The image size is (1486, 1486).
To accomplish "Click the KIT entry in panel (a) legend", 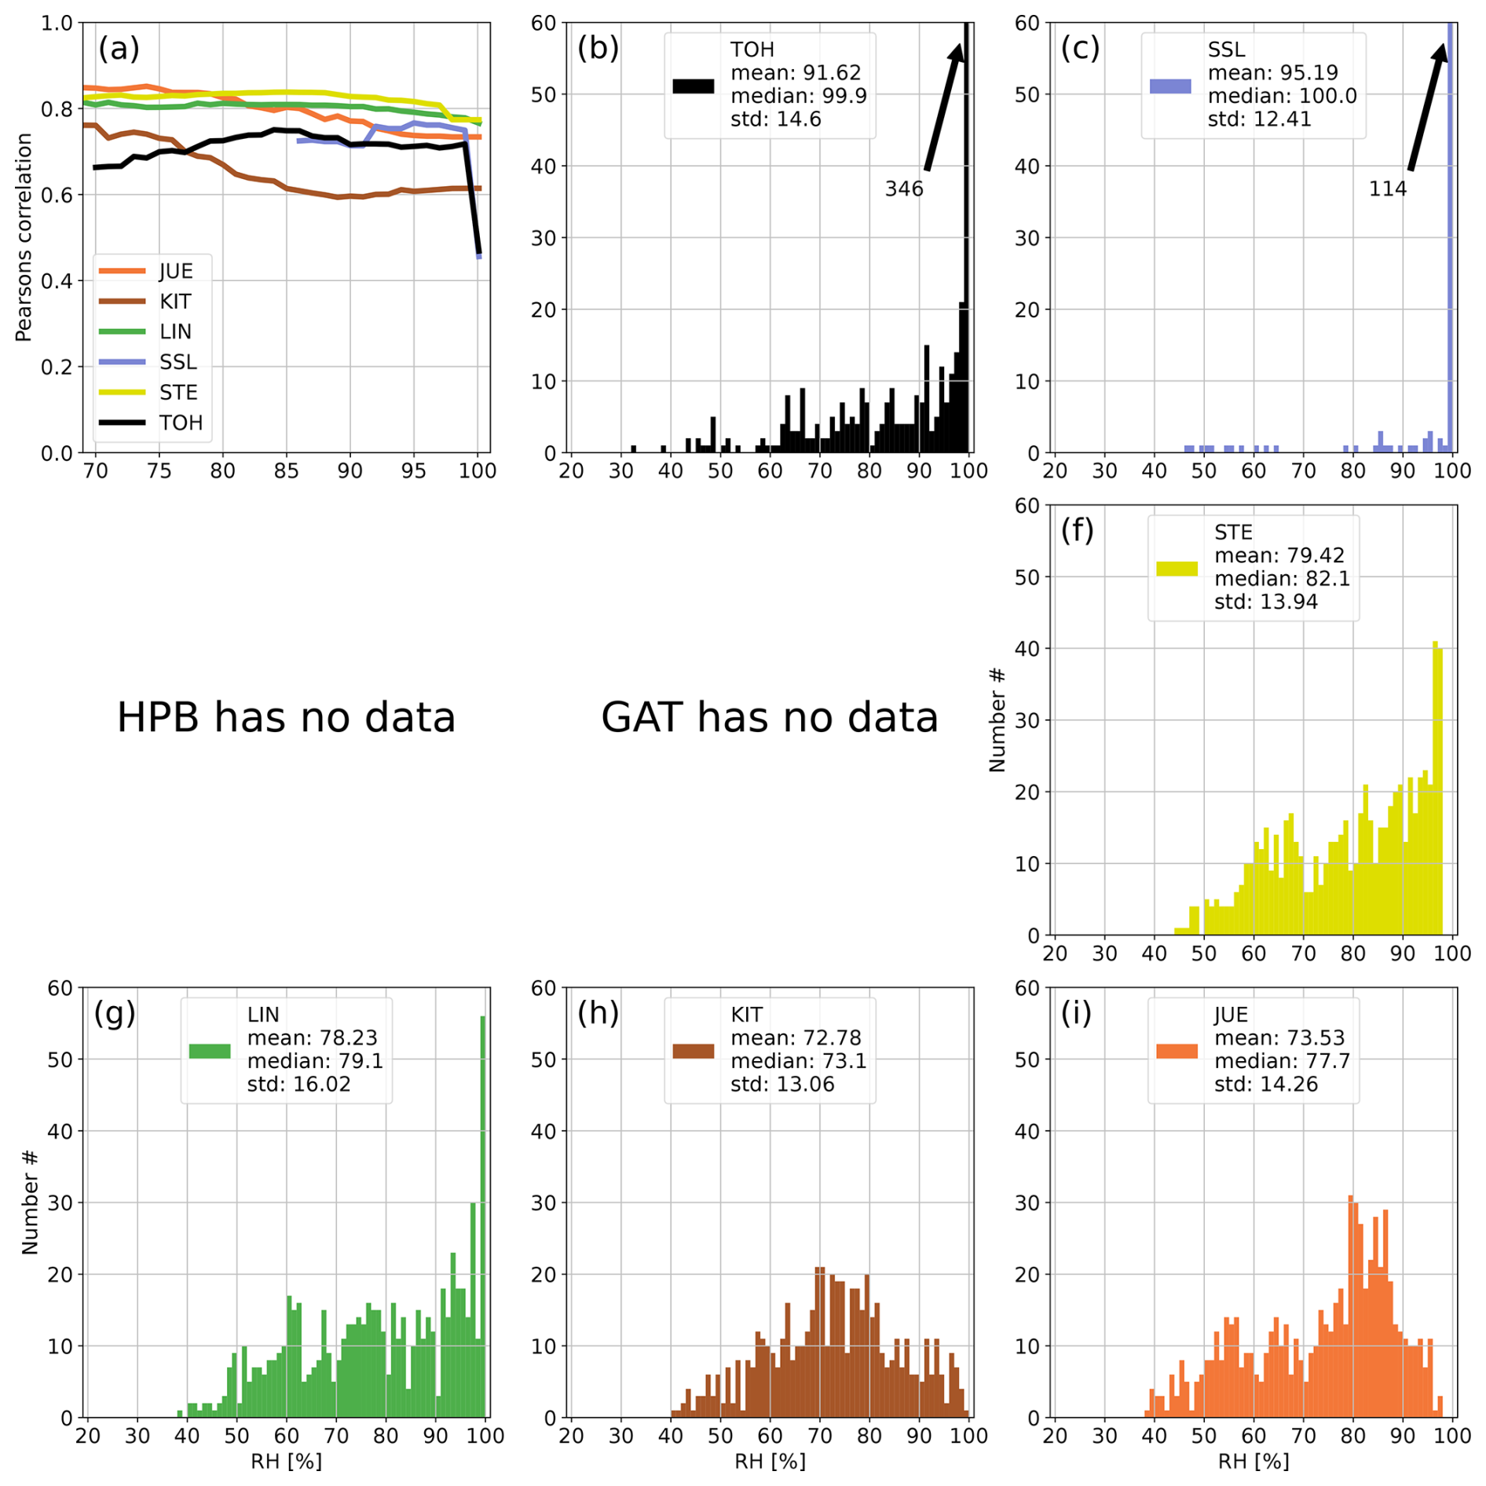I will coord(174,302).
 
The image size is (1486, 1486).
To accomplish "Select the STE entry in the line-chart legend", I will coord(178,393).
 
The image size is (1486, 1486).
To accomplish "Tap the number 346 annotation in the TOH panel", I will coord(903,189).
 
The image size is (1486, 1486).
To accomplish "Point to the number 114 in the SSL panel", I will coord(1387,189).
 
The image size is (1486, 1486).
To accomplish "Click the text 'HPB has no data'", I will coord(286,718).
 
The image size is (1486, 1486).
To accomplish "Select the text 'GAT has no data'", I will coord(769,718).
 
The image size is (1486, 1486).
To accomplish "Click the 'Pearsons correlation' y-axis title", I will coord(24,237).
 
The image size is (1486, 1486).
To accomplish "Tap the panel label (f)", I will coord(1077,531).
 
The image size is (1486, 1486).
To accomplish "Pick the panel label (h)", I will coord(598,1013).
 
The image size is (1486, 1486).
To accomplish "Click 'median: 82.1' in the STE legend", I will coord(1282,579).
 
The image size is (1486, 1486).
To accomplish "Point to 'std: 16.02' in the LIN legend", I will coord(298,1085).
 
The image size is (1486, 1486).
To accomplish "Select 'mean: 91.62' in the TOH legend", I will coord(795,73).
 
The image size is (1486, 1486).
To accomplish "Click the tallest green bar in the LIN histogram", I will coord(482,1217).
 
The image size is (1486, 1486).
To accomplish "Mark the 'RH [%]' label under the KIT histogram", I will coord(769,1462).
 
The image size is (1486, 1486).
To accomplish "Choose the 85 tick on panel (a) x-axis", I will coord(286,471).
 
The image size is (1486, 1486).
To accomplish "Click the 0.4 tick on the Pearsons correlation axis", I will coord(57,281).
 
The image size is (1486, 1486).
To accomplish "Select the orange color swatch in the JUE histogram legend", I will coord(1177,1051).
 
